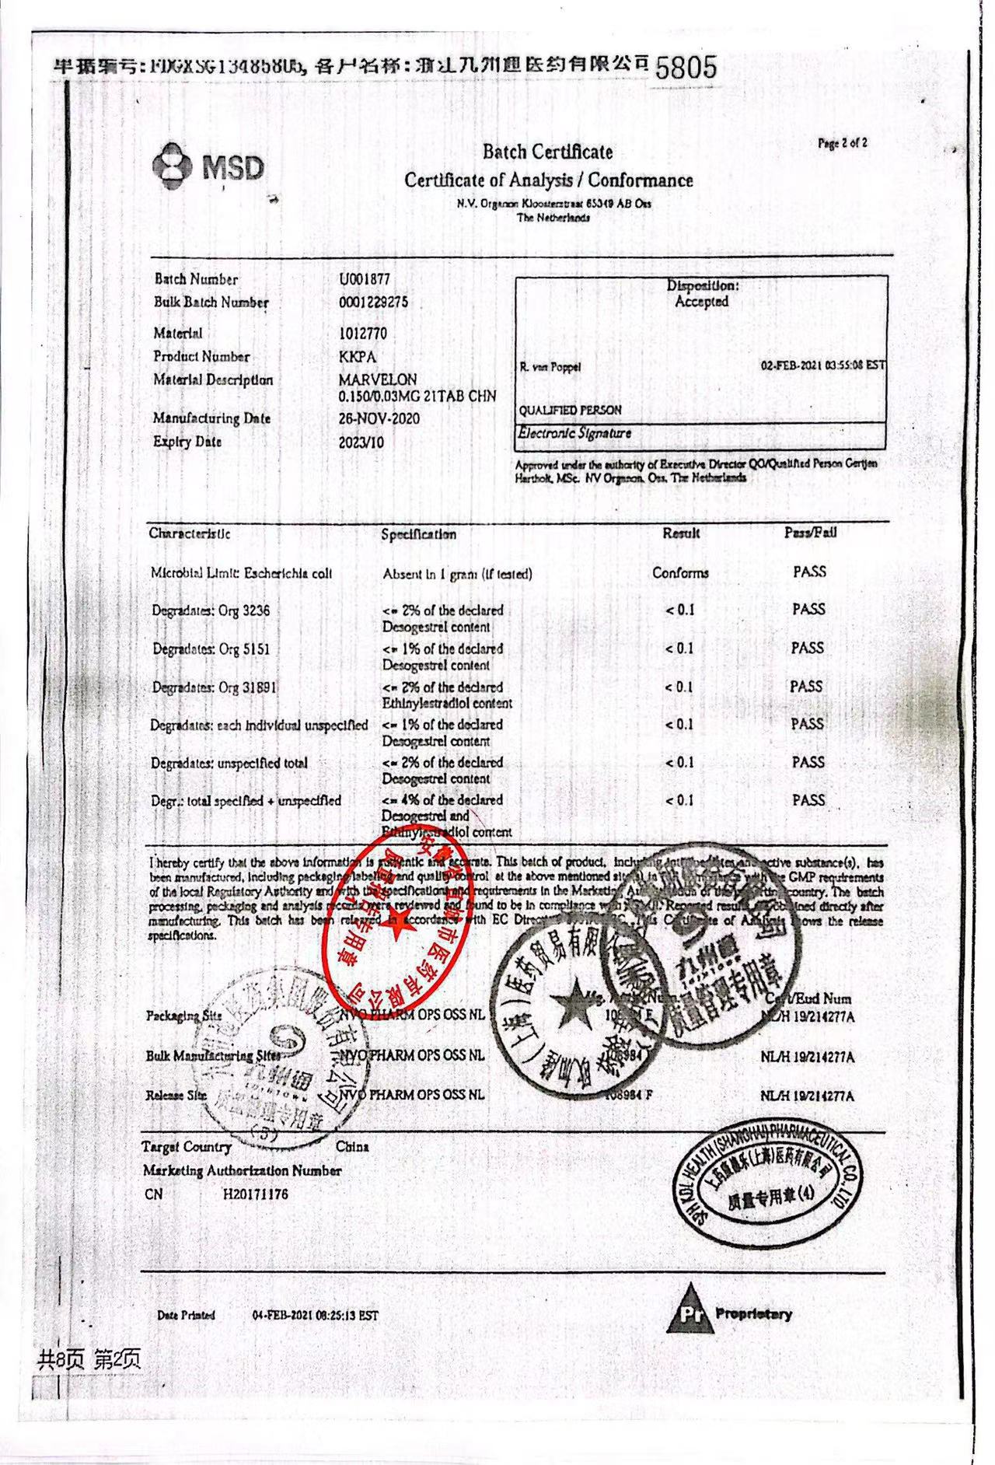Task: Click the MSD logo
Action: point(208,166)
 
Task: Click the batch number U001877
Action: point(365,279)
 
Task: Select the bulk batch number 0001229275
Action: point(373,302)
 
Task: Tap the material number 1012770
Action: point(363,334)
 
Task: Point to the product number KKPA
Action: point(358,357)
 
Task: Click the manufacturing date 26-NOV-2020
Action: point(379,418)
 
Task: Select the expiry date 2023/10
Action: point(361,442)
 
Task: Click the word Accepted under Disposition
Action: point(701,302)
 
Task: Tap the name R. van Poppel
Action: point(550,367)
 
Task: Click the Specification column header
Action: point(418,534)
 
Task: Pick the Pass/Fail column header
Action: point(810,533)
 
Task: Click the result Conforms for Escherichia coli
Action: point(680,573)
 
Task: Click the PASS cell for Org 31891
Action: point(806,687)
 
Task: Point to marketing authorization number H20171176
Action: point(255,1194)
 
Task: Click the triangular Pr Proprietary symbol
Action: point(689,1312)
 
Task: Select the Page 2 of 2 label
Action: point(842,143)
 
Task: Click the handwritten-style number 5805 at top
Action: point(686,68)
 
